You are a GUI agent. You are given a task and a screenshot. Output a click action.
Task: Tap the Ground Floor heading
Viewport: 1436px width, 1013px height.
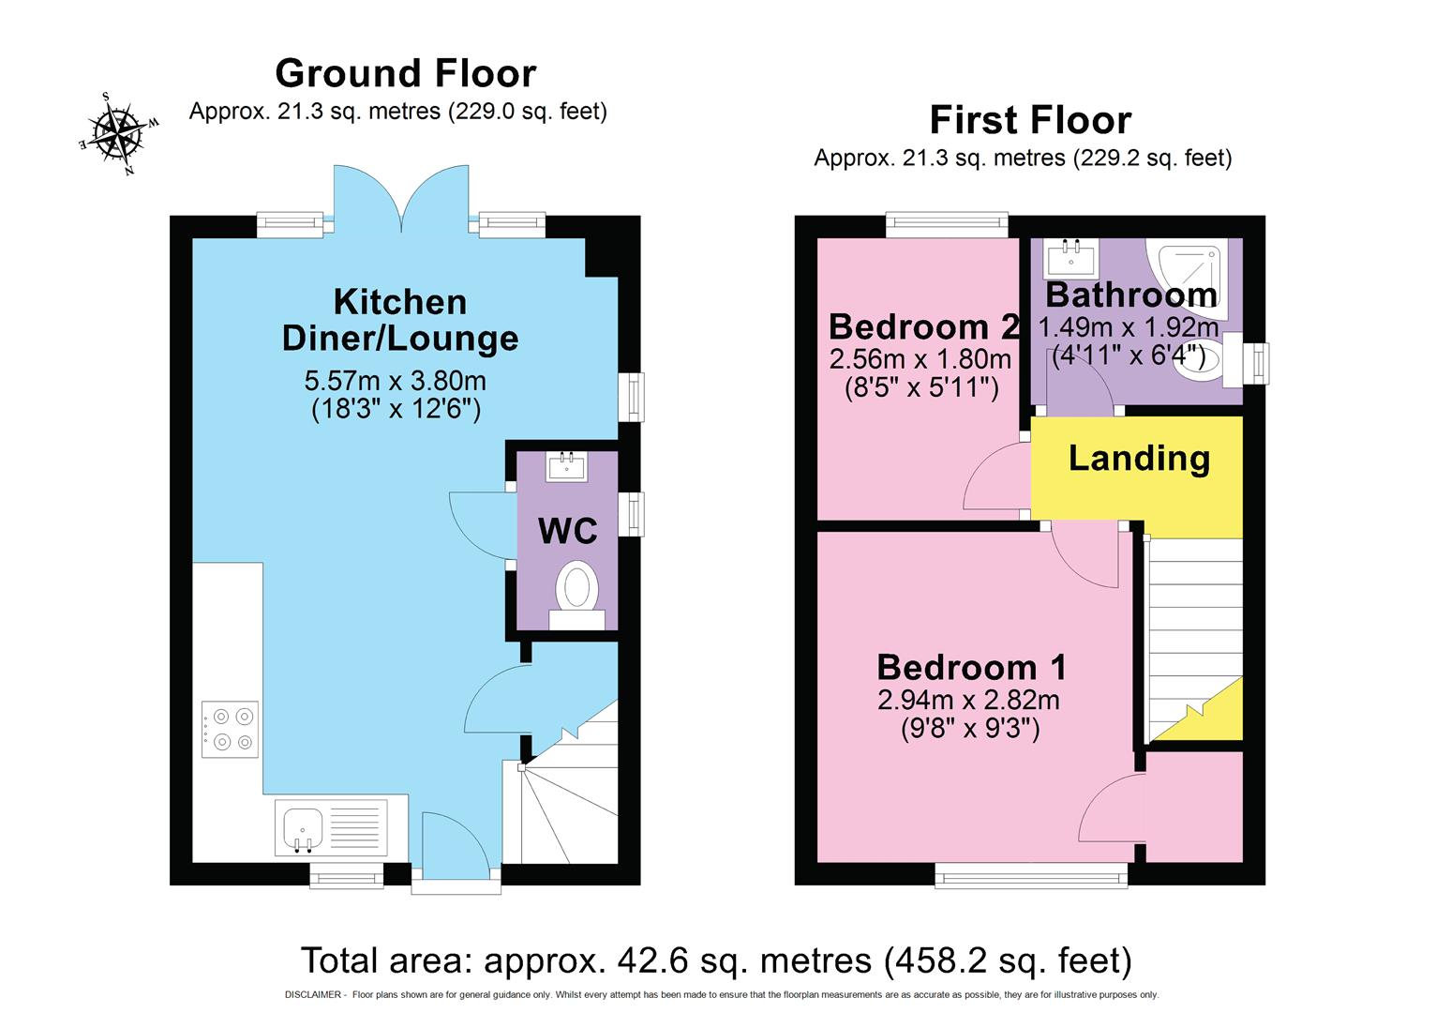pyautogui.click(x=405, y=73)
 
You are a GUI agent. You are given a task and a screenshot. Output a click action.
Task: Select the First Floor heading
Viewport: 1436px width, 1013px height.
pyautogui.click(x=1030, y=120)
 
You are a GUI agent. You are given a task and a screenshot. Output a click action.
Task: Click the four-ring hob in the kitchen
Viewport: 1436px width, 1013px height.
pyautogui.click(x=231, y=729)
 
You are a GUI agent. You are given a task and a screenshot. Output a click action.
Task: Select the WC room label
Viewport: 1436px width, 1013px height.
pyautogui.click(x=567, y=531)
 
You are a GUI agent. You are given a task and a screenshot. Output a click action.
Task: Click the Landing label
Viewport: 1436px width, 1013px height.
pyautogui.click(x=1139, y=459)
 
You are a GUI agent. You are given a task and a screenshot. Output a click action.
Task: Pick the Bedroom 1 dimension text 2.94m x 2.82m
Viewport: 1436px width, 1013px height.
pyautogui.click(x=968, y=700)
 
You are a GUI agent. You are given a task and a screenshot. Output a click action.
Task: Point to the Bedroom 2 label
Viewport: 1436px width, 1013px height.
pyautogui.click(x=923, y=326)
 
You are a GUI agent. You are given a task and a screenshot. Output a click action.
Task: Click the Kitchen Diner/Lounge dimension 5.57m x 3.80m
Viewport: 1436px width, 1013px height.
pyautogui.click(x=395, y=381)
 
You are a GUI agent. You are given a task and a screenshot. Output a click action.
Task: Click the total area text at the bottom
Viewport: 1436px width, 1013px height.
pyautogui.click(x=716, y=960)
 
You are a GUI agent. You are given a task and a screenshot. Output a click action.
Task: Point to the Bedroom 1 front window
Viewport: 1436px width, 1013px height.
pyautogui.click(x=1031, y=876)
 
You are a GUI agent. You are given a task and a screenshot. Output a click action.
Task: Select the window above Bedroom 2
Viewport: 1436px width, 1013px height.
pyautogui.click(x=947, y=223)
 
